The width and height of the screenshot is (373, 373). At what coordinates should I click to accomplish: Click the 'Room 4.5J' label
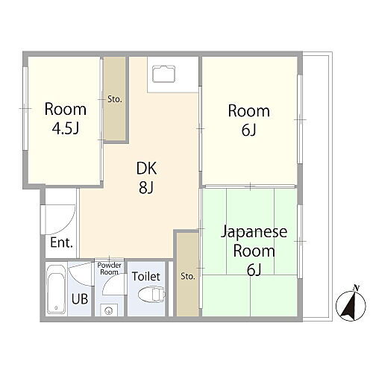pyautogui.click(x=66, y=118)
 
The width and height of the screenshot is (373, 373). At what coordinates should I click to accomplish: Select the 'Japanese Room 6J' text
pyautogui.click(x=248, y=250)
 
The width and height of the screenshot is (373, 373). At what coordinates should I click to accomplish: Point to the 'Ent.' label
pyautogui.click(x=60, y=242)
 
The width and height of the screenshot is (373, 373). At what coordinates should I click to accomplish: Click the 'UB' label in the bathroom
pyautogui.click(x=78, y=300)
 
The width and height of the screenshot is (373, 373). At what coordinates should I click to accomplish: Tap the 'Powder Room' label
pyautogui.click(x=109, y=269)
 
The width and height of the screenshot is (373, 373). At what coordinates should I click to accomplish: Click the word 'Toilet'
pyautogui.click(x=145, y=276)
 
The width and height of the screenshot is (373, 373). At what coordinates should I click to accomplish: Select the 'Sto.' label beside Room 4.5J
pyautogui.click(x=115, y=98)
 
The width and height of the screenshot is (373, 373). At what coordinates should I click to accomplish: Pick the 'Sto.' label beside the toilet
pyautogui.click(x=187, y=277)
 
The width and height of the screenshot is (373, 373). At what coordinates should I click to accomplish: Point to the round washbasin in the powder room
pyautogui.click(x=109, y=310)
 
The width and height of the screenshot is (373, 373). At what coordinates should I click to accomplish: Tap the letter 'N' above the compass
pyautogui.click(x=356, y=288)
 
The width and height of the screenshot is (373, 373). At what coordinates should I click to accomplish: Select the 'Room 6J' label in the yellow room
pyautogui.click(x=248, y=120)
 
